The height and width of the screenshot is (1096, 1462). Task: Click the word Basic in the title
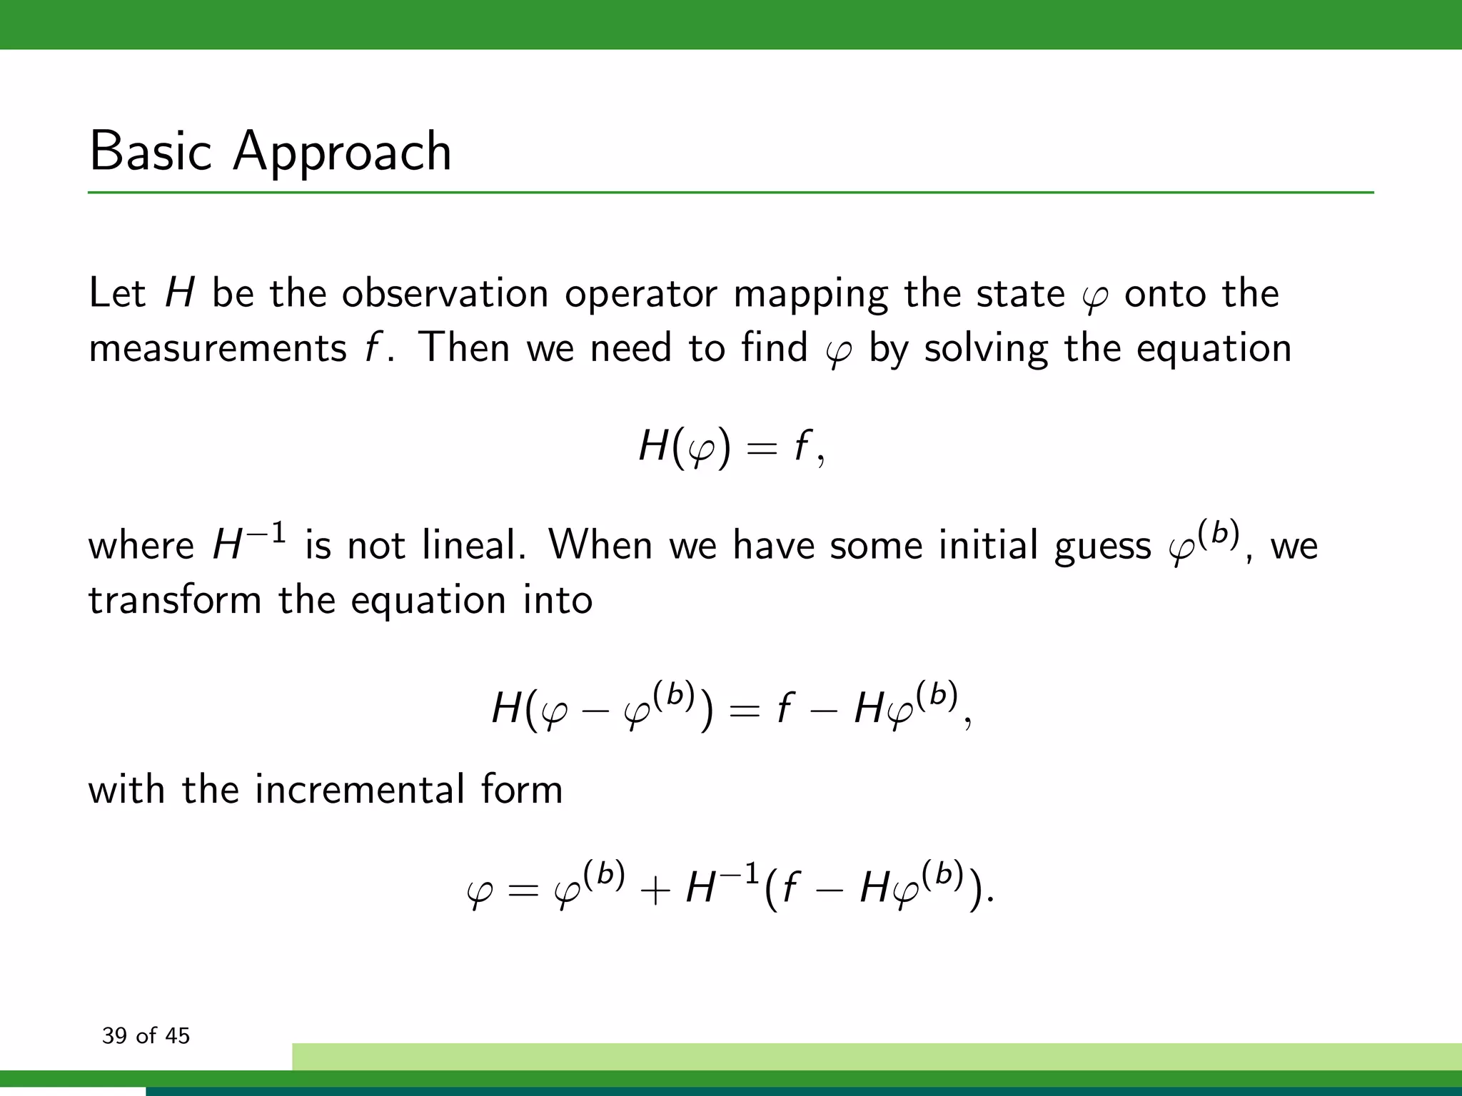coord(151,151)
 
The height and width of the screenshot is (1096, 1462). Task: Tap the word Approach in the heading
coord(342,153)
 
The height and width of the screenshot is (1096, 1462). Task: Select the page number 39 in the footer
coord(114,1035)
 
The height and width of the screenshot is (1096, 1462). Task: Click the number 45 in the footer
coord(177,1035)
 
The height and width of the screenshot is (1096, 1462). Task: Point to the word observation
coord(445,293)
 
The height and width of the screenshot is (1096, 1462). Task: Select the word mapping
coord(810,295)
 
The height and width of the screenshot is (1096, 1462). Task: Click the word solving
coord(986,349)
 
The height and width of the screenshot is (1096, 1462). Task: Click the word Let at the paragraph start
coord(117,293)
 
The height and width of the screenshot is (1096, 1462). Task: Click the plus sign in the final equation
coord(655,892)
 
